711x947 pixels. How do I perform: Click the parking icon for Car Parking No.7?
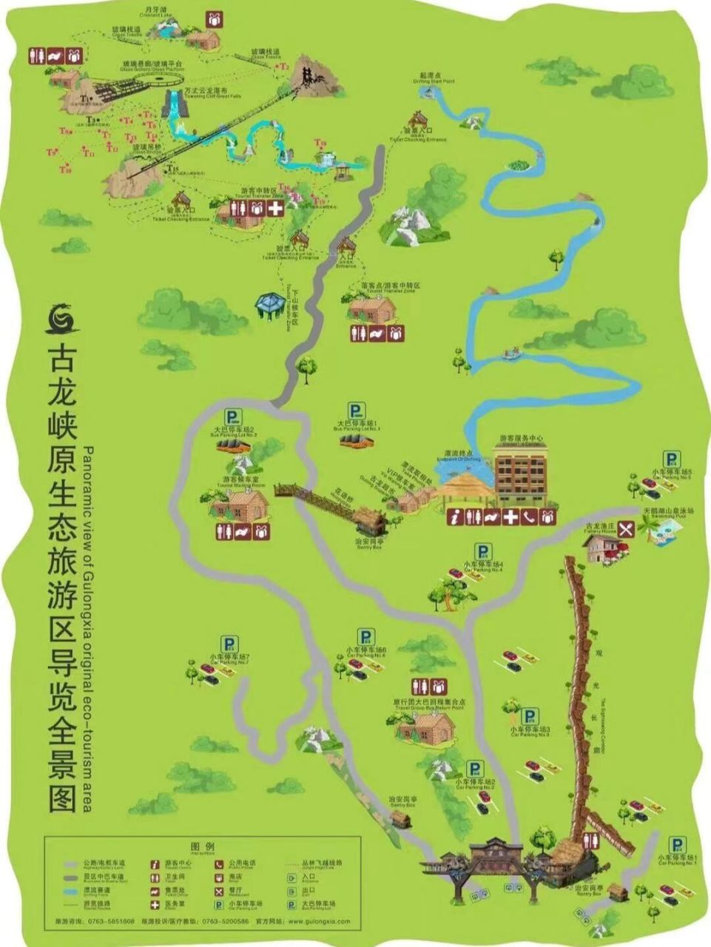tap(230, 644)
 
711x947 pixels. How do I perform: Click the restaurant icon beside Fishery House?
tap(626, 528)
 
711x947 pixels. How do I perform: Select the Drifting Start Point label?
tap(437, 78)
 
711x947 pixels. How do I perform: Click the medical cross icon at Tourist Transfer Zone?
tap(275, 209)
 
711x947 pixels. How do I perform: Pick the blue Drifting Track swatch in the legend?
tap(72, 890)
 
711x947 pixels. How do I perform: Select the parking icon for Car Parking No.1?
tap(677, 844)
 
